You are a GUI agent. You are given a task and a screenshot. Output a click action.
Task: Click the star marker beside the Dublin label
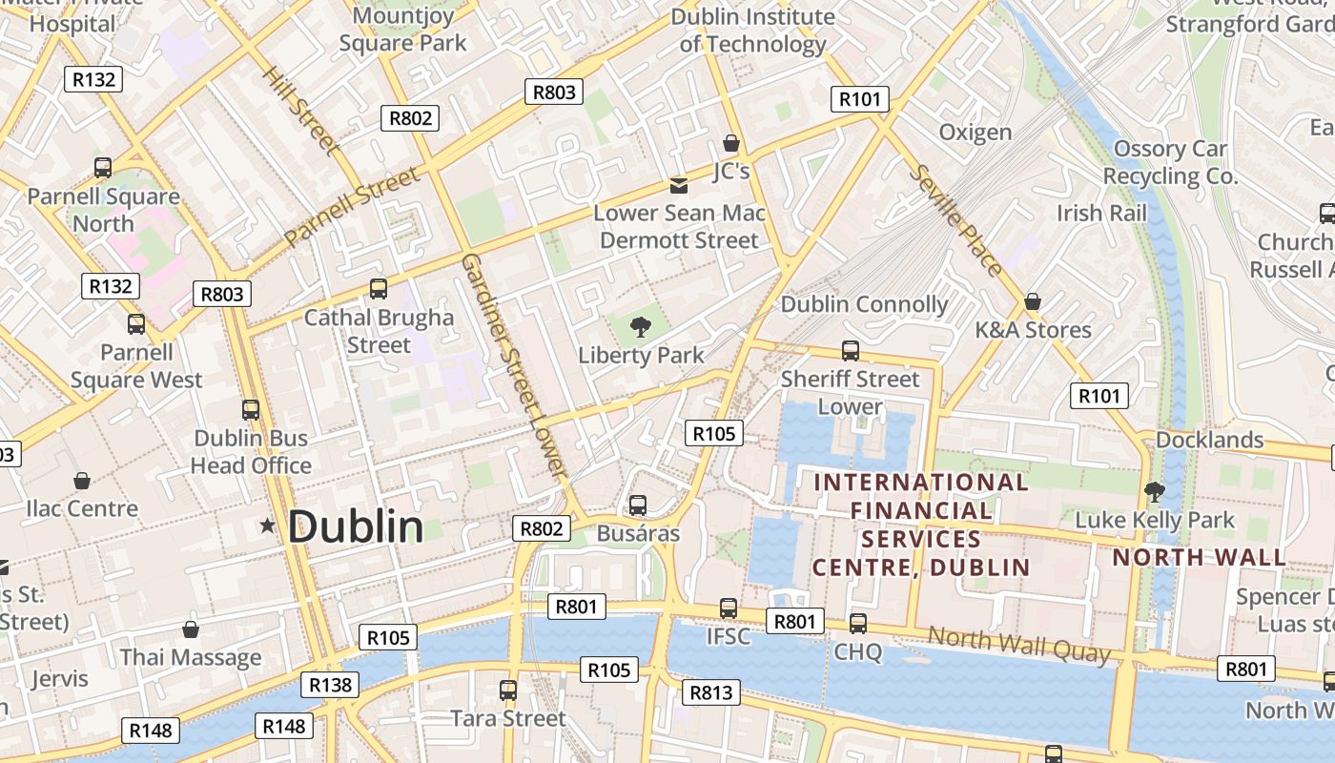[x=267, y=526]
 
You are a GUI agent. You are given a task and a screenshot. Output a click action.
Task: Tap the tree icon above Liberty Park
[x=641, y=328]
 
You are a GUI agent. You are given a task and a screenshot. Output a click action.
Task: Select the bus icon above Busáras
[x=638, y=505]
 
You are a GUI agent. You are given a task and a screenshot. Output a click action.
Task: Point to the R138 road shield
[x=331, y=684]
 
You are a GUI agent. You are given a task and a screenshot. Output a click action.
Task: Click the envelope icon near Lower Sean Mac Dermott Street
[x=679, y=185]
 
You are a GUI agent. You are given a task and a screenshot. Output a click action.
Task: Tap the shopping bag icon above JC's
[x=731, y=144]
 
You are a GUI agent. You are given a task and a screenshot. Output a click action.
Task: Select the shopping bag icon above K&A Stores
[x=1032, y=302]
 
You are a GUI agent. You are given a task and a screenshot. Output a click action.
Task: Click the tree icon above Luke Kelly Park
[x=1154, y=492]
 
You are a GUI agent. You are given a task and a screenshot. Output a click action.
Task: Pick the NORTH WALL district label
[x=1199, y=557]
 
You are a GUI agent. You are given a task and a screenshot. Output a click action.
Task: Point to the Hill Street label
[x=300, y=111]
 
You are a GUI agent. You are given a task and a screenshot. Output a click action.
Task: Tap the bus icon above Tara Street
[x=508, y=690]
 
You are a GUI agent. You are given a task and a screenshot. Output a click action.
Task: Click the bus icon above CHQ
[x=858, y=624]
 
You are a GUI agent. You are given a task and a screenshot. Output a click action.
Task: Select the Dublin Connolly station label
[x=864, y=304]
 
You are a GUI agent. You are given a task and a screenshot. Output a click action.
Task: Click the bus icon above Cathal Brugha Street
[x=379, y=288]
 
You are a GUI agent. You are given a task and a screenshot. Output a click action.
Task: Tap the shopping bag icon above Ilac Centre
[x=82, y=481]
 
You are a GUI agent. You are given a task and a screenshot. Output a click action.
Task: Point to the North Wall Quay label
[x=1018, y=645]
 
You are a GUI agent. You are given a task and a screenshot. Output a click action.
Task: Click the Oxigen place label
[x=975, y=133]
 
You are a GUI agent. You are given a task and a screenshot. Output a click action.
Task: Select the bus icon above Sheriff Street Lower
[x=850, y=351]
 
